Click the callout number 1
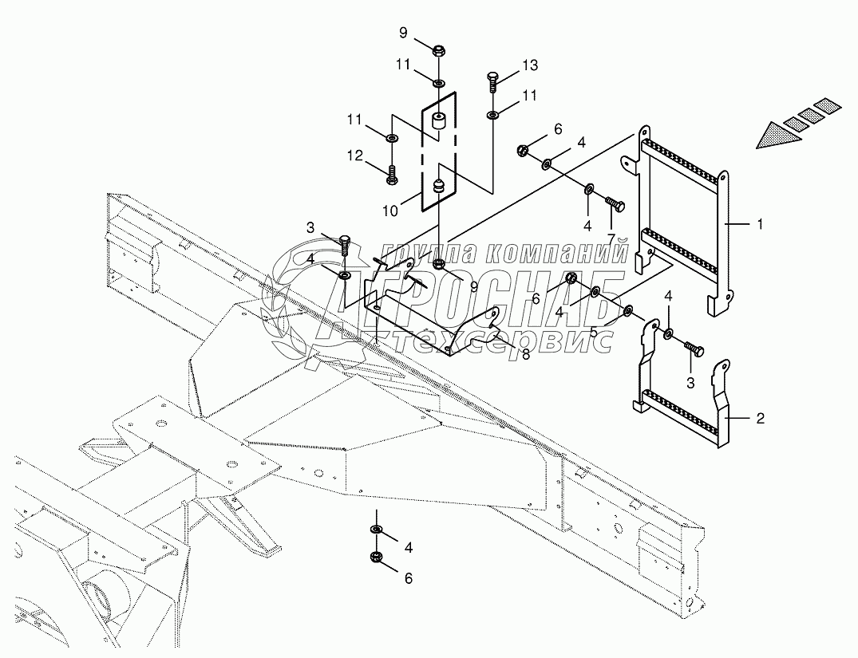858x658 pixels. (x=760, y=225)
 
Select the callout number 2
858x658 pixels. (x=760, y=417)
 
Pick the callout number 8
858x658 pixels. (x=525, y=354)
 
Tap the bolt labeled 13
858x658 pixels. (x=492, y=81)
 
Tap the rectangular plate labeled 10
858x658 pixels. (x=437, y=152)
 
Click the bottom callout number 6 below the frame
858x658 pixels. (x=408, y=579)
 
